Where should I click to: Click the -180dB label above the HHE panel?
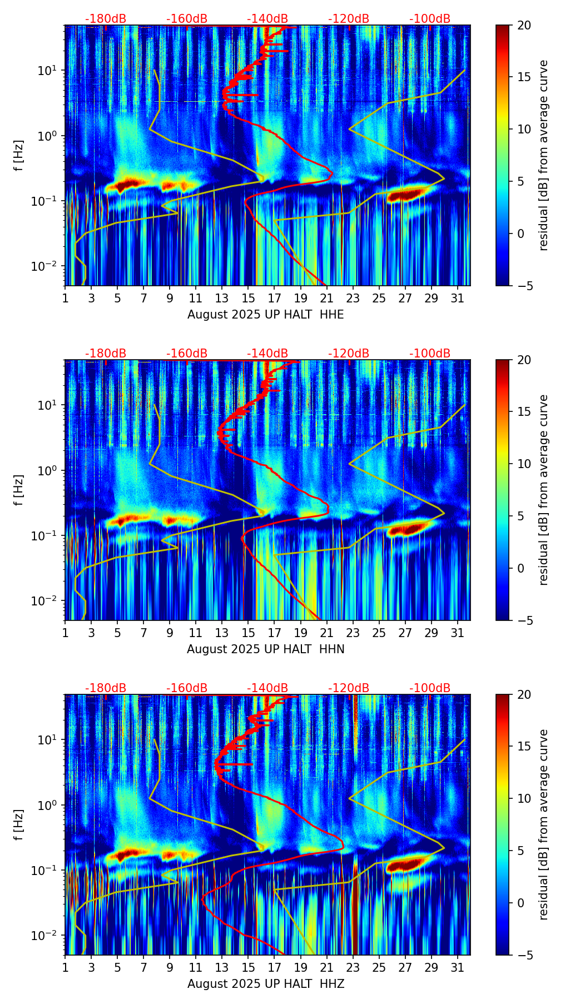[106, 19]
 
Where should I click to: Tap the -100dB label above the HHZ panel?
[430, 688]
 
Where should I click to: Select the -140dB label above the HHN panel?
[267, 354]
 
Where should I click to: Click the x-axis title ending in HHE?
[265, 315]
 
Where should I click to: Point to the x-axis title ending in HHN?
[265, 649]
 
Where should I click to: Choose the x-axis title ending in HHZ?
[265, 984]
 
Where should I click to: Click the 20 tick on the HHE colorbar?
[524, 26]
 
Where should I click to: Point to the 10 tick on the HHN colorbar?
[524, 464]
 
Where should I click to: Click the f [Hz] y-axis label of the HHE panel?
[19, 155]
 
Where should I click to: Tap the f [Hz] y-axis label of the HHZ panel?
[19, 824]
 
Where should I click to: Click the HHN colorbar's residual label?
[544, 490]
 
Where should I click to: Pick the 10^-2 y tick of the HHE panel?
[47, 266]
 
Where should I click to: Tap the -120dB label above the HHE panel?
[349, 19]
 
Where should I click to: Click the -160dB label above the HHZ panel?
[187, 688]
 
